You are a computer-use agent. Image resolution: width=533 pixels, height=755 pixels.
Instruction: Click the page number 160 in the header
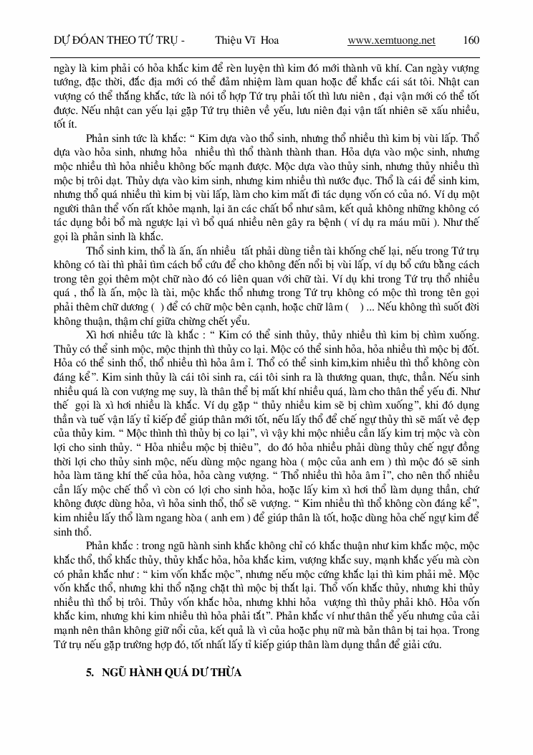[x=471, y=40]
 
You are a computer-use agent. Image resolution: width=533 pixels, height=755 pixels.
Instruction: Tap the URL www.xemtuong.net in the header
[x=391, y=40]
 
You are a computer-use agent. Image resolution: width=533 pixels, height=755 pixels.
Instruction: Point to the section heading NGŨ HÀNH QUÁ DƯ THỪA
[x=172, y=673]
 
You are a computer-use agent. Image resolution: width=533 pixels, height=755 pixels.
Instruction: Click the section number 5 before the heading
[x=89, y=673]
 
